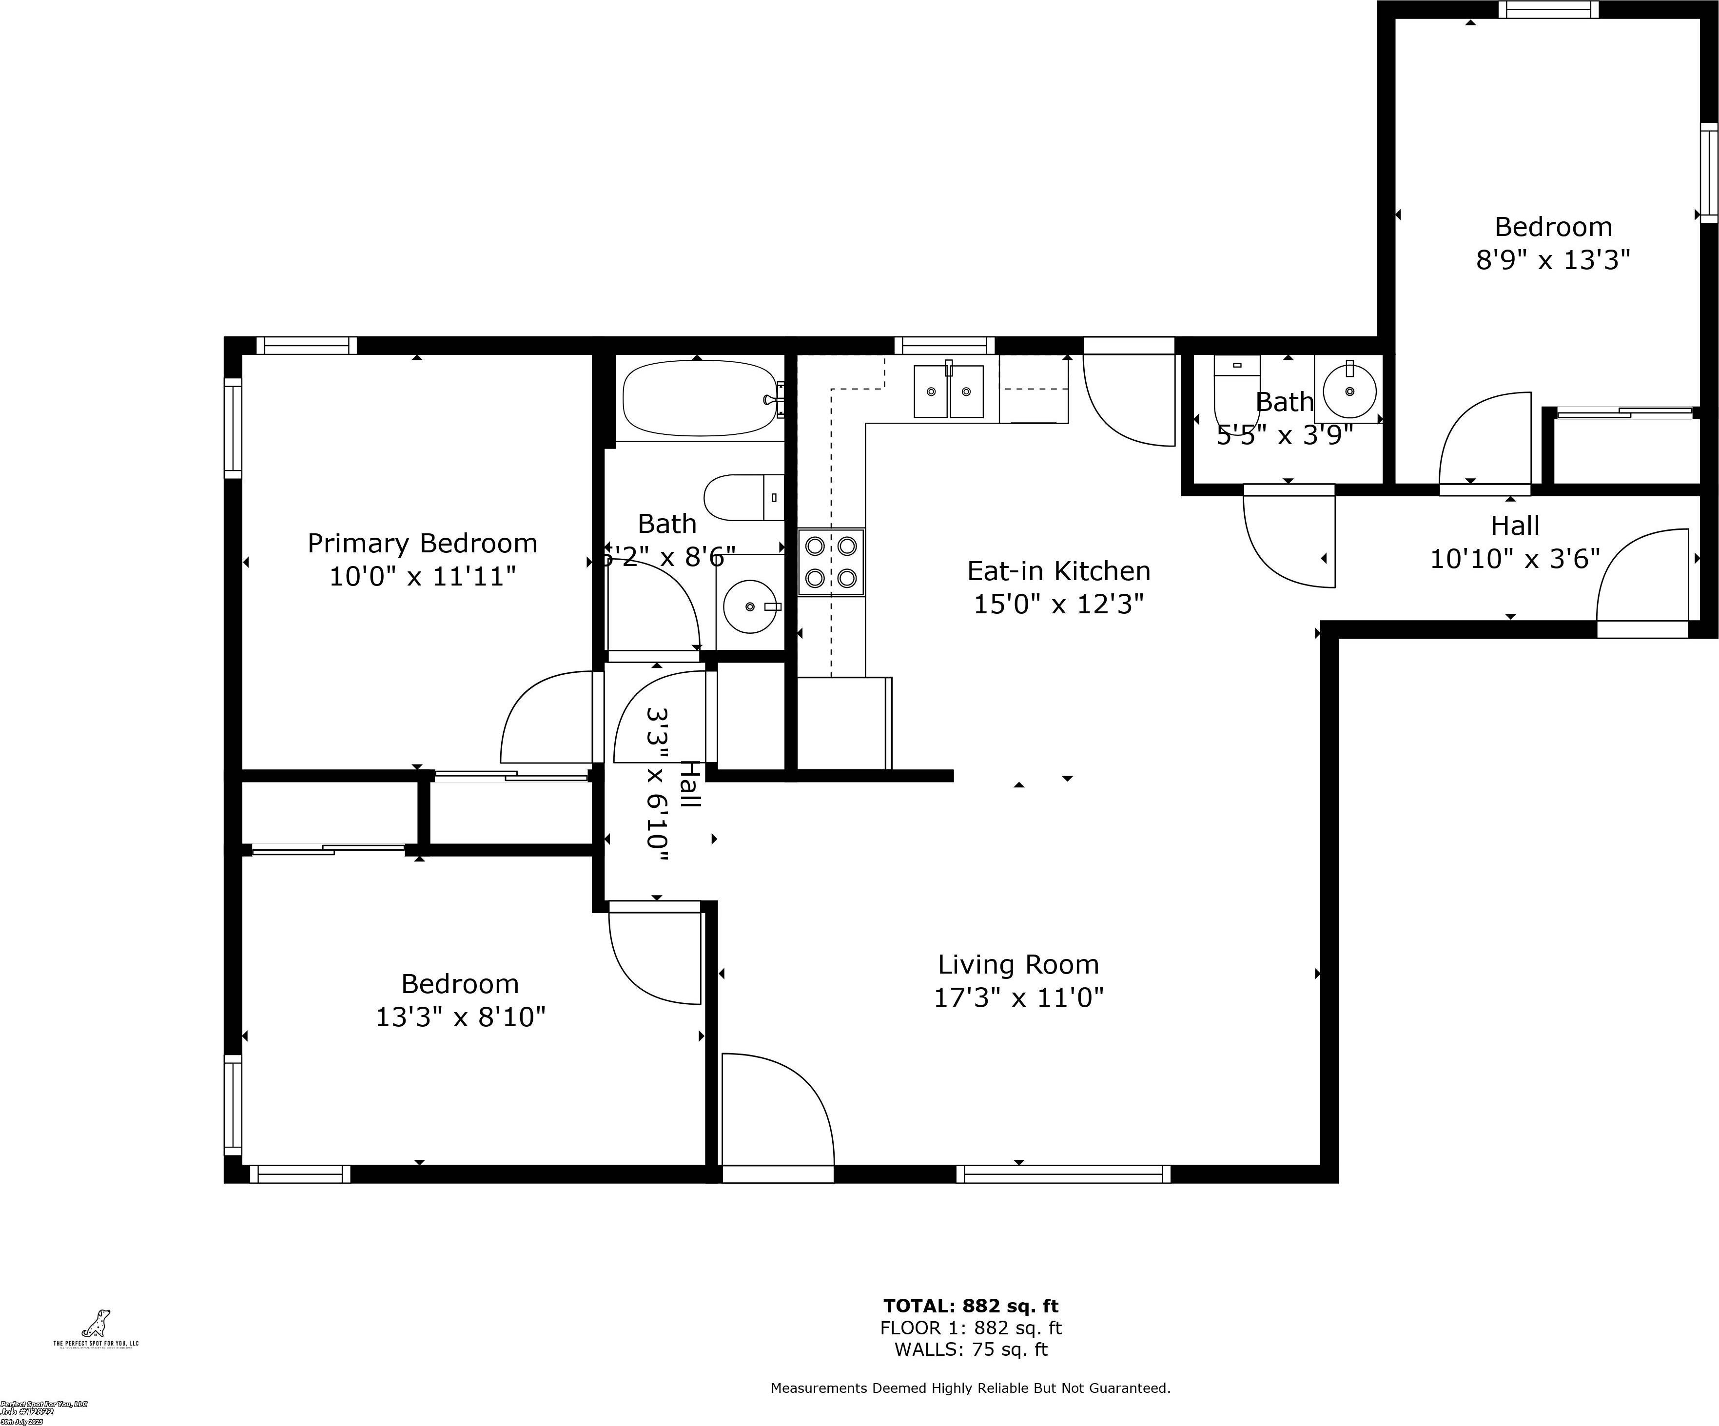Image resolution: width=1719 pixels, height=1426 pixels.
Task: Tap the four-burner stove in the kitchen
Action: pos(831,562)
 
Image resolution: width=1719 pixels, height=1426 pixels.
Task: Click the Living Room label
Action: pos(1018,964)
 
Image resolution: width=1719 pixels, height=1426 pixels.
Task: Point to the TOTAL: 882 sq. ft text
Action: pos(970,1306)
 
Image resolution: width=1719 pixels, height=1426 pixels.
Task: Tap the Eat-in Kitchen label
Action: pos(1058,570)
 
